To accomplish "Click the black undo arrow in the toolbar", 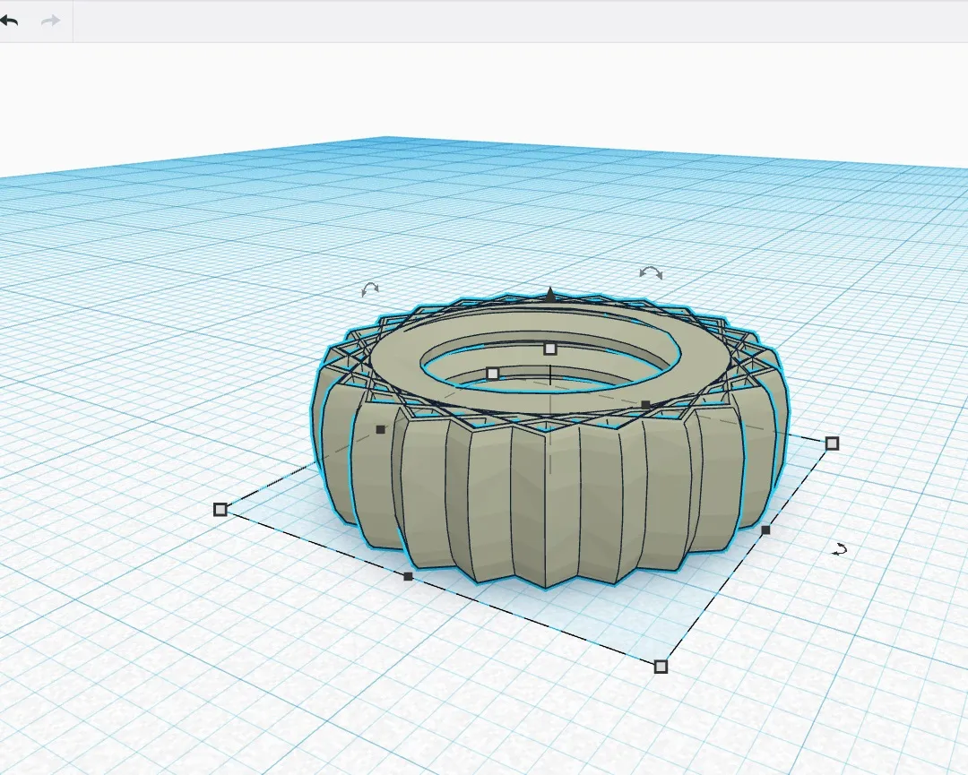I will (10, 20).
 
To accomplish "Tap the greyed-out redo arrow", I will (50, 20).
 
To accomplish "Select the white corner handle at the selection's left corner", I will (220, 509).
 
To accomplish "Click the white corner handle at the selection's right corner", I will (832, 443).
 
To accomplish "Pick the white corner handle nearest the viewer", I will (661, 666).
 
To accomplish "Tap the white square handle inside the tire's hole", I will (492, 373).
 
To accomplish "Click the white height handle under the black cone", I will (550, 348).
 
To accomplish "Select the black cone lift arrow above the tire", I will (550, 293).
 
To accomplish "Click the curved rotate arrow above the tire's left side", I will (369, 289).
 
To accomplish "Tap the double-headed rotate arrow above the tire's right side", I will (651, 272).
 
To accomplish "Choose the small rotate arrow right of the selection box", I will (840, 549).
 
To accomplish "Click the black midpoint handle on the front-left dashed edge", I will (408, 576).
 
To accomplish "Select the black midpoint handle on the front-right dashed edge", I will (765, 530).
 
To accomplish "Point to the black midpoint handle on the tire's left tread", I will (380, 429).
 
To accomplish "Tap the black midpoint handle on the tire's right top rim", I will (645, 405).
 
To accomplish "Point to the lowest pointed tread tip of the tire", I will (546, 587).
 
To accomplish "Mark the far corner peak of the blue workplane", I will (385, 137).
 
